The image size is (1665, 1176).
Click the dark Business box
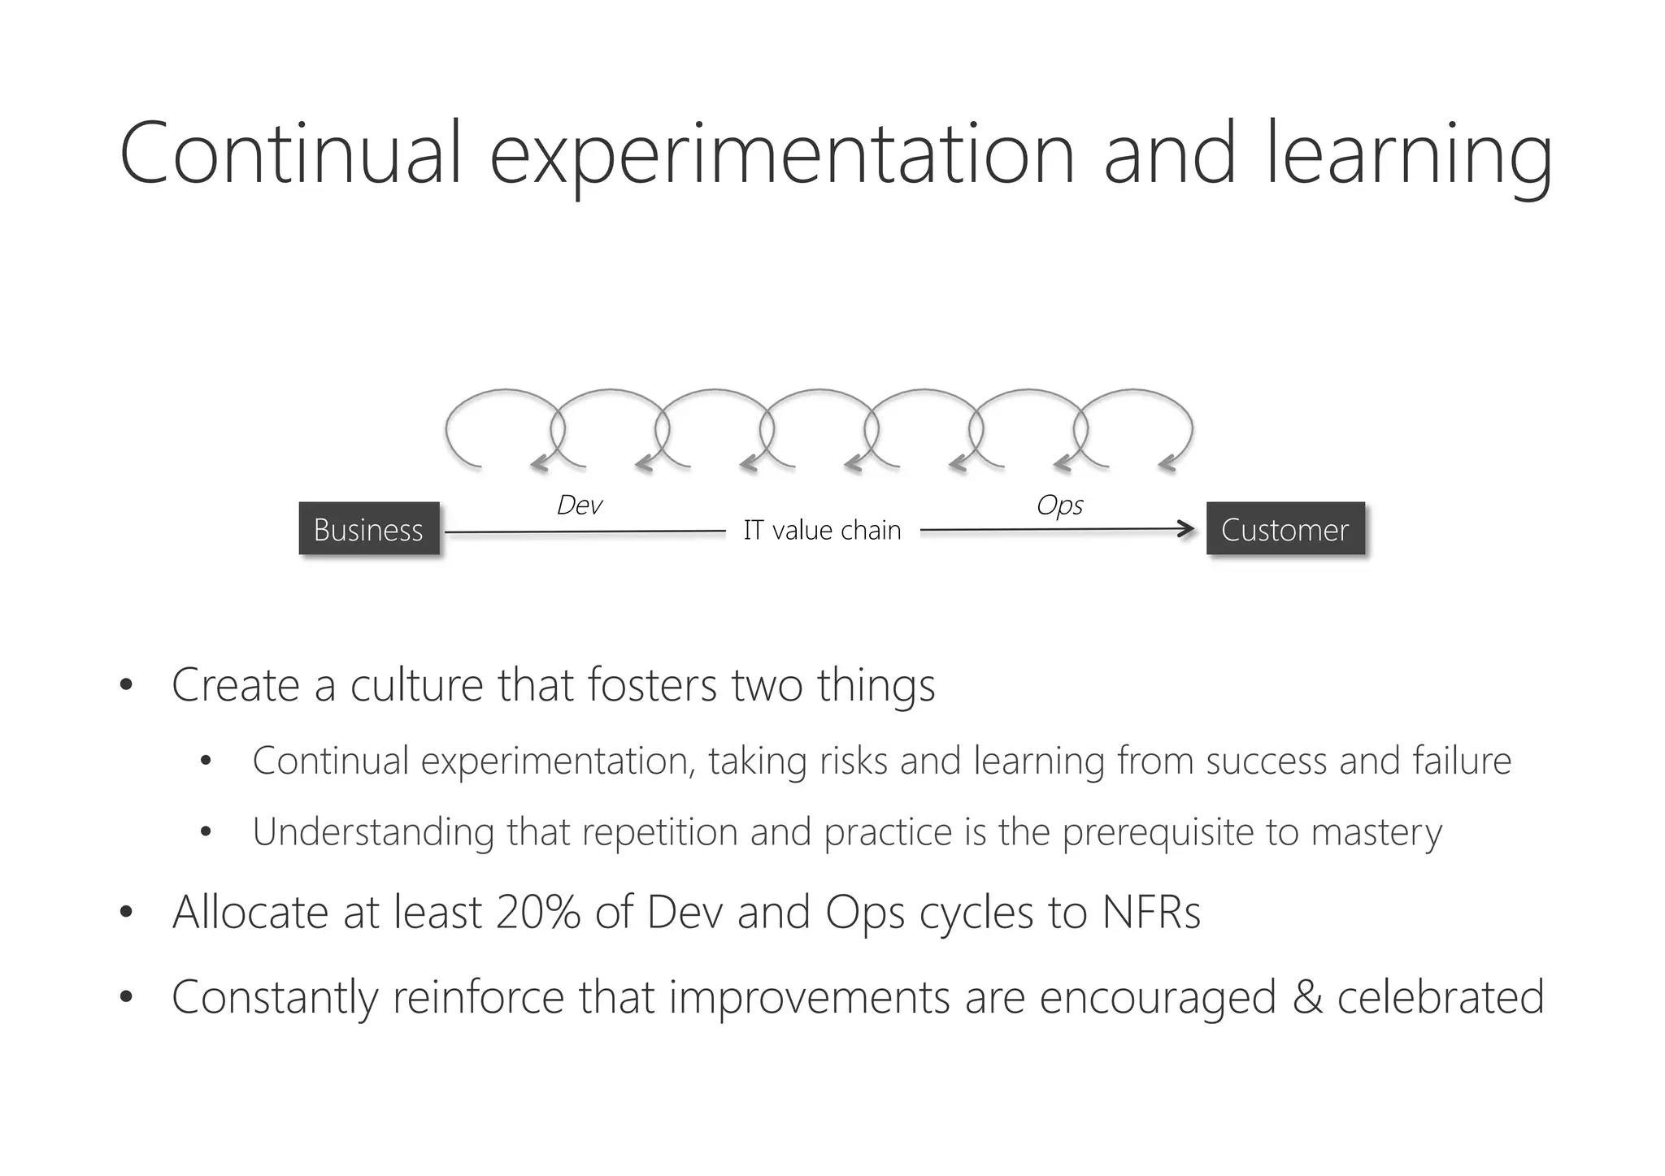pos(369,529)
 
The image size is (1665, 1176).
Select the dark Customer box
pos(1285,529)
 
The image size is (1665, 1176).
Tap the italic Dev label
pos(579,505)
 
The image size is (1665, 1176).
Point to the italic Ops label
pos(1059,505)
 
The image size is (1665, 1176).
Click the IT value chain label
pos(822,530)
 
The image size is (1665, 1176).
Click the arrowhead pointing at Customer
pos(1187,530)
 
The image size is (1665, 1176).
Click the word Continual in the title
pos(290,154)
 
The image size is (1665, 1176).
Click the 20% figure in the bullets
pos(537,912)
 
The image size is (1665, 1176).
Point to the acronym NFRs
pos(1150,912)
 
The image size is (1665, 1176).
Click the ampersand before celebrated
pos(1307,997)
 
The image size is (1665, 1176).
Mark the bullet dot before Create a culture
pos(125,685)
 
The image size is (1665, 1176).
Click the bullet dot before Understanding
pos(205,832)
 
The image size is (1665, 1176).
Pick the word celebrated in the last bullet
pos(1440,997)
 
